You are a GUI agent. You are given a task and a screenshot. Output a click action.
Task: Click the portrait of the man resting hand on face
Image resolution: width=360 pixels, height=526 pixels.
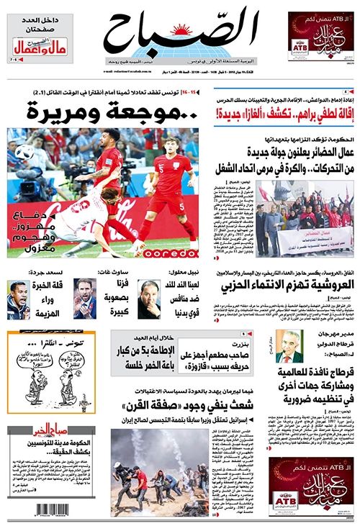(x=150, y=299)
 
